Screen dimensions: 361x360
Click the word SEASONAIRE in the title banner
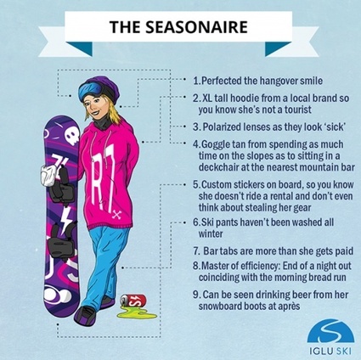[x=196, y=27]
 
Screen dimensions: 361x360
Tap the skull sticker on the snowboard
[x=71, y=137]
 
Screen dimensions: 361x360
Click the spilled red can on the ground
[x=133, y=301]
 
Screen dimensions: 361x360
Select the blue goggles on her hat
[x=91, y=89]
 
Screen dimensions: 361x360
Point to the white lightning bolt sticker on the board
[x=66, y=218]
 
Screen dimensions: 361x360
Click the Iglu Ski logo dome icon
[x=330, y=331]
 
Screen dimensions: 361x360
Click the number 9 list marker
[x=196, y=295]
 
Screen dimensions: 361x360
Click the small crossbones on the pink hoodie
[x=116, y=216]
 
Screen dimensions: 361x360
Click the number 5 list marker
[x=196, y=185]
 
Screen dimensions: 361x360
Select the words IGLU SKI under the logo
[x=330, y=352]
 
